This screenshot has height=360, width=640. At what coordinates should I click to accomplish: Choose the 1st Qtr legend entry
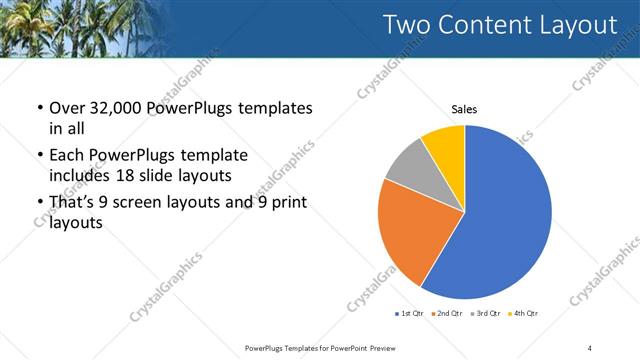coord(411,314)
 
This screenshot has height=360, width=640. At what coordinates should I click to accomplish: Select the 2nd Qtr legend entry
coord(447,314)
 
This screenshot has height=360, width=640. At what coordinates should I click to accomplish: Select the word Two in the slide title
coord(410,25)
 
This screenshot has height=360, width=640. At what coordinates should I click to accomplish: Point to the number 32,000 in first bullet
coord(114,107)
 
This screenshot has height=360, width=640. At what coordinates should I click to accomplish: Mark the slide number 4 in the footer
coord(589,347)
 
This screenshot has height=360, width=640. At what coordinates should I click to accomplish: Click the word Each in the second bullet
coord(66,155)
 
